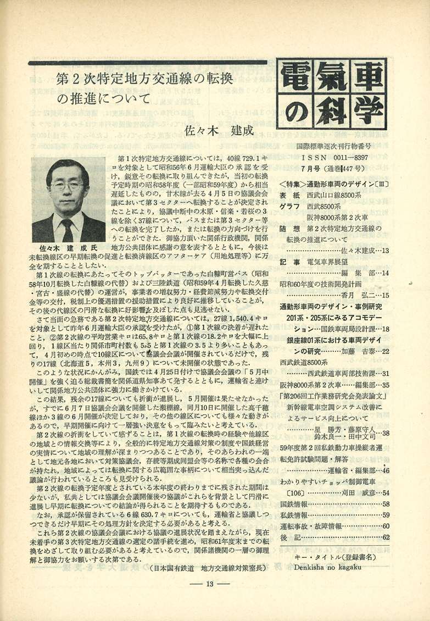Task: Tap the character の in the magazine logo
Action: click(x=297, y=114)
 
